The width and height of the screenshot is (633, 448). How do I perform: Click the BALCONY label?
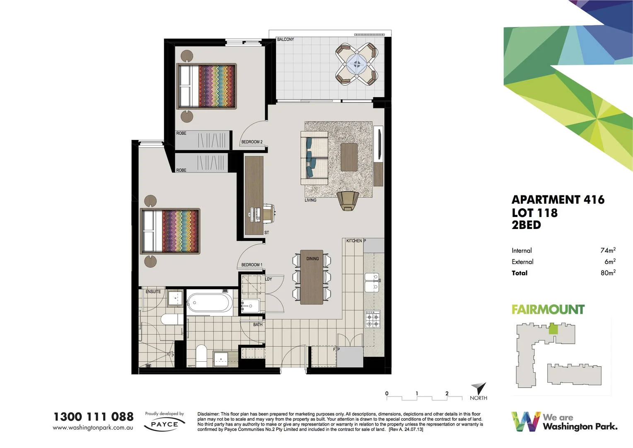[x=285, y=39]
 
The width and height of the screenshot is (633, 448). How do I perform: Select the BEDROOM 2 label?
[x=252, y=142]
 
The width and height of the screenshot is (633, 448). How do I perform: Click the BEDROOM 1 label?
[x=252, y=265]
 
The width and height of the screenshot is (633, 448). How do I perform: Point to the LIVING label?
[x=310, y=200]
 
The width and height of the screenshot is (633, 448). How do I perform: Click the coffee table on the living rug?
[x=349, y=157]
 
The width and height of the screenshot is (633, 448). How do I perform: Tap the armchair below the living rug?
[x=348, y=200]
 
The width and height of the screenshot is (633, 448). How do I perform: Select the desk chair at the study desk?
[x=268, y=212]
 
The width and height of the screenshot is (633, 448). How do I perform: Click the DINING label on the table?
[x=313, y=259]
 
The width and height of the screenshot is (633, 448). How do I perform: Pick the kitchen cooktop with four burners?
[x=372, y=319]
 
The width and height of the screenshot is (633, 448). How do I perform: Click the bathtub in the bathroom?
[x=210, y=302]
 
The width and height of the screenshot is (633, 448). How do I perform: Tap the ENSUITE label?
[x=153, y=292]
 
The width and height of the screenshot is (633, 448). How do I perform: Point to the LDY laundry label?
[x=268, y=279]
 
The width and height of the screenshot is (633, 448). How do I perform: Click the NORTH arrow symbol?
[x=479, y=389]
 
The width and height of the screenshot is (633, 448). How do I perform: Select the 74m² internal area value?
[x=608, y=250]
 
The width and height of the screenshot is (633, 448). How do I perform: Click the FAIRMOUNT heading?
[x=548, y=309]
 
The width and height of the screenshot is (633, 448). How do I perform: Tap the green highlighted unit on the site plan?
[x=553, y=329]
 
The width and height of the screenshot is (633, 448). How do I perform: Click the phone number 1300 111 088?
[x=94, y=417]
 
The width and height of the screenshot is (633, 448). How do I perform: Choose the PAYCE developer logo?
[x=164, y=424]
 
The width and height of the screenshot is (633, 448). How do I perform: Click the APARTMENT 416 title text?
[x=558, y=200]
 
